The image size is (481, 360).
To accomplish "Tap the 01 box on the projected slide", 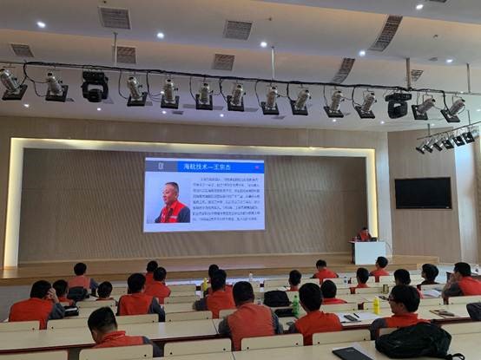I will (152, 165).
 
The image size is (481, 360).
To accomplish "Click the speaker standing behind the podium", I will (365, 234).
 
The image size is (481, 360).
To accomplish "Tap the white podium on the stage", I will (368, 252).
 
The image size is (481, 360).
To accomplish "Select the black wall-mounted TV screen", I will (422, 193).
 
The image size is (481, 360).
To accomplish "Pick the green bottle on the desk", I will (295, 305).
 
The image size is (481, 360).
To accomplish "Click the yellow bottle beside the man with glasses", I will (376, 305).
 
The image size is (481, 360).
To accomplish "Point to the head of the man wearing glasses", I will (405, 299).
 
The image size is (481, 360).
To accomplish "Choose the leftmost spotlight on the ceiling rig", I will (11, 84).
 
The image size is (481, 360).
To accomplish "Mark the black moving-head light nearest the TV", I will (398, 104).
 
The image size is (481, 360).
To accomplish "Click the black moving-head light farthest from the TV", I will (95, 86).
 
